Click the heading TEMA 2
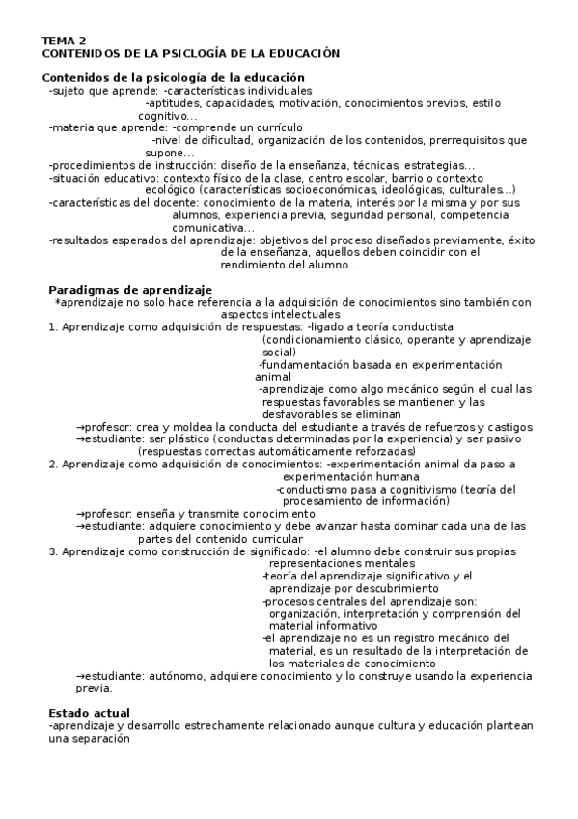[x=63, y=41]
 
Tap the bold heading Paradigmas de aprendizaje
[x=130, y=290]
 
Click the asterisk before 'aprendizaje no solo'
[x=58, y=302]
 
